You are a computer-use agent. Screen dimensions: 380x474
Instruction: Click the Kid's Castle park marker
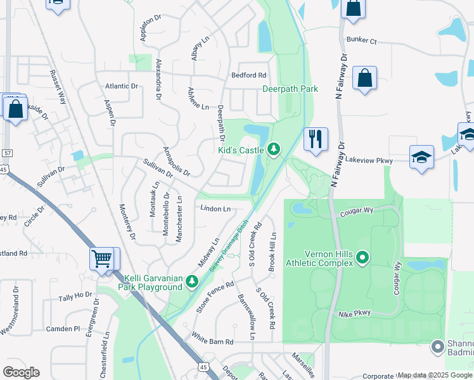(x=274, y=149)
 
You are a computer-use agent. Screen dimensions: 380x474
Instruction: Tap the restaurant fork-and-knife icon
(x=316, y=139)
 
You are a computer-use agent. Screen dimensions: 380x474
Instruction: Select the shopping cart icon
(x=101, y=258)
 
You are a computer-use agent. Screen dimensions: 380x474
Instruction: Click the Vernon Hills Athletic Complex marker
(x=362, y=257)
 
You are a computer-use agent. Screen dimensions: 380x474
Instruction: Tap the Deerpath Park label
(x=290, y=89)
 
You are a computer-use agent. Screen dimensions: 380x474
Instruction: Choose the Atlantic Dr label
(x=122, y=86)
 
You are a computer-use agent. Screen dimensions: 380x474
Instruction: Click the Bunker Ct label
(x=361, y=41)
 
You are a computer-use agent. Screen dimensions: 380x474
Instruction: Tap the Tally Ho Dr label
(x=75, y=297)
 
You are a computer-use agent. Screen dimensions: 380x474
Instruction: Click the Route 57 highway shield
(x=6, y=153)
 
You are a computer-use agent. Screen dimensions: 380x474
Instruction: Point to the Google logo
(x=21, y=372)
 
